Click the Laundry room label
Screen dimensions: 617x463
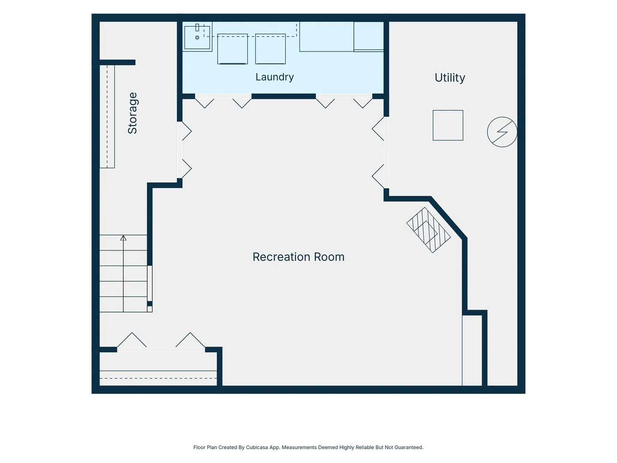[x=274, y=77]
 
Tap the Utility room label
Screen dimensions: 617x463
[x=449, y=78]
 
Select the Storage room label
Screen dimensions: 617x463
[x=132, y=113]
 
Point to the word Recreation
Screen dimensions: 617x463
[x=282, y=257]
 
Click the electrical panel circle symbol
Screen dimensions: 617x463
[x=502, y=132]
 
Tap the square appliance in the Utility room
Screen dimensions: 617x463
[x=448, y=125]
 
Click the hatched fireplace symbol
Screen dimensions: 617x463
[x=428, y=230]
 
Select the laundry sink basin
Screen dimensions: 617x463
[x=197, y=38]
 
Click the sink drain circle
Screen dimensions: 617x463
[x=197, y=37]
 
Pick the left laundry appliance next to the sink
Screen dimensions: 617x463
[x=233, y=49]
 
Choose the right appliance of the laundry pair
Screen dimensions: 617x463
[x=270, y=49]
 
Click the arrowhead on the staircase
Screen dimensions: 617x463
[x=123, y=238]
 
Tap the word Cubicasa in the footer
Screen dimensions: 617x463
[x=257, y=447]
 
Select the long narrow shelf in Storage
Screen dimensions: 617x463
[x=107, y=117]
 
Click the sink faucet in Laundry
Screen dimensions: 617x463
[x=197, y=27]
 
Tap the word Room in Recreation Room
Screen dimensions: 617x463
[x=329, y=257]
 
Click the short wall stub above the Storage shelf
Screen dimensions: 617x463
[x=117, y=63]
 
